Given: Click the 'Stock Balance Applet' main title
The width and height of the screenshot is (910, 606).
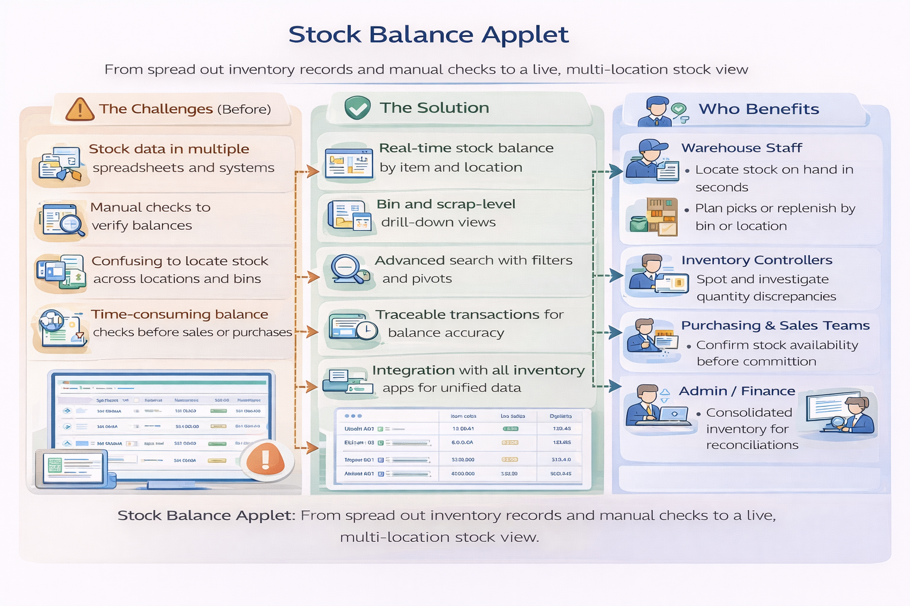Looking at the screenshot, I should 428,35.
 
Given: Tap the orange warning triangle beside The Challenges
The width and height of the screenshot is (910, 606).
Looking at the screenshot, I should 80,109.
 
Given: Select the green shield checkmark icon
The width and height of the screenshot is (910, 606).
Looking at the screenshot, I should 358,108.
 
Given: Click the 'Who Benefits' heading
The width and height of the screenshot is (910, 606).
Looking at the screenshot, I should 758,109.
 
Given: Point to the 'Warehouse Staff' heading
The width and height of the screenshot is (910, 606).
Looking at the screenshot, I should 741,148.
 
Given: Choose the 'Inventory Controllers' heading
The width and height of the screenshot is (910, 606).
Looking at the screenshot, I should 757,260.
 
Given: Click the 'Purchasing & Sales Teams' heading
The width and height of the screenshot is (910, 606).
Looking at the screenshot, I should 775,325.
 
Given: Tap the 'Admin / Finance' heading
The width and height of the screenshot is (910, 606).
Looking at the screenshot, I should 736,391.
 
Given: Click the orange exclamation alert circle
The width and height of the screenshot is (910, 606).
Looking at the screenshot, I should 265,459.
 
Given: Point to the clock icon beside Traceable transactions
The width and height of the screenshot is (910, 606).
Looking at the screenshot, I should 367,330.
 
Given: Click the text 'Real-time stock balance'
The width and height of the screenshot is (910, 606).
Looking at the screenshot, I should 466,148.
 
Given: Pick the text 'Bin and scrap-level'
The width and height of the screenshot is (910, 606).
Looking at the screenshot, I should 446,204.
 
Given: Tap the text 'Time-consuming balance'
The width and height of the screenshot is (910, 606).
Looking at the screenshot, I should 180,314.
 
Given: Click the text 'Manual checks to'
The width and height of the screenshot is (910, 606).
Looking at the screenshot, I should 150,208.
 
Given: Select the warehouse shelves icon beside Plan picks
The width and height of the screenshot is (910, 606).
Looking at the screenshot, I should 661,216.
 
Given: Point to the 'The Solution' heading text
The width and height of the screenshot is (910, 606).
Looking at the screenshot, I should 434,108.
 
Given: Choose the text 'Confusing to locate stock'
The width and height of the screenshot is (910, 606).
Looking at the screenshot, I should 180,261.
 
